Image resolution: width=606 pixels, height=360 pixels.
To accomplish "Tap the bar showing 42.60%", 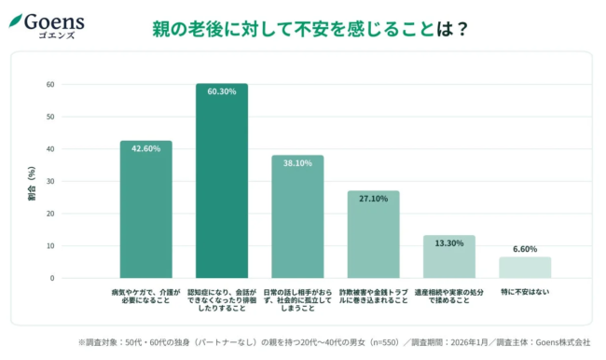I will pos(145,209).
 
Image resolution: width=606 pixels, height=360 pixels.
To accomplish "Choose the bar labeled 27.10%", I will pos(373,234).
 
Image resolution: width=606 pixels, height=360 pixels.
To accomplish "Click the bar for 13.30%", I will pos(449,256).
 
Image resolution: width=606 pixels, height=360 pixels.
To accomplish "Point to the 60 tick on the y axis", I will pos(50,85).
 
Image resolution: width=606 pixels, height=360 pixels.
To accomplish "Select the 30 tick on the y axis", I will pos(50,182).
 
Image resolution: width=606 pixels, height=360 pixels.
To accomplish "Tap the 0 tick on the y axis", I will pos(52,278).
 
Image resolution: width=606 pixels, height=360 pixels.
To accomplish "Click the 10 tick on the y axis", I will pos(50,246).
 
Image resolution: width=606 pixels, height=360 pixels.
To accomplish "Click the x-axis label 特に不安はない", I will pos(525,292).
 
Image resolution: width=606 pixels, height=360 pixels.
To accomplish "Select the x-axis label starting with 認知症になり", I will pos(222,300).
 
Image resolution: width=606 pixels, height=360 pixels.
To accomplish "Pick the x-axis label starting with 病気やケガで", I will pos(145,297).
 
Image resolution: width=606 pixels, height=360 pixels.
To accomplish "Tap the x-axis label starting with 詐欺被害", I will pos(373,297).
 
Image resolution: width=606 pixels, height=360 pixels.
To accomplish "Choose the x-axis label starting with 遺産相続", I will pos(449,297).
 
